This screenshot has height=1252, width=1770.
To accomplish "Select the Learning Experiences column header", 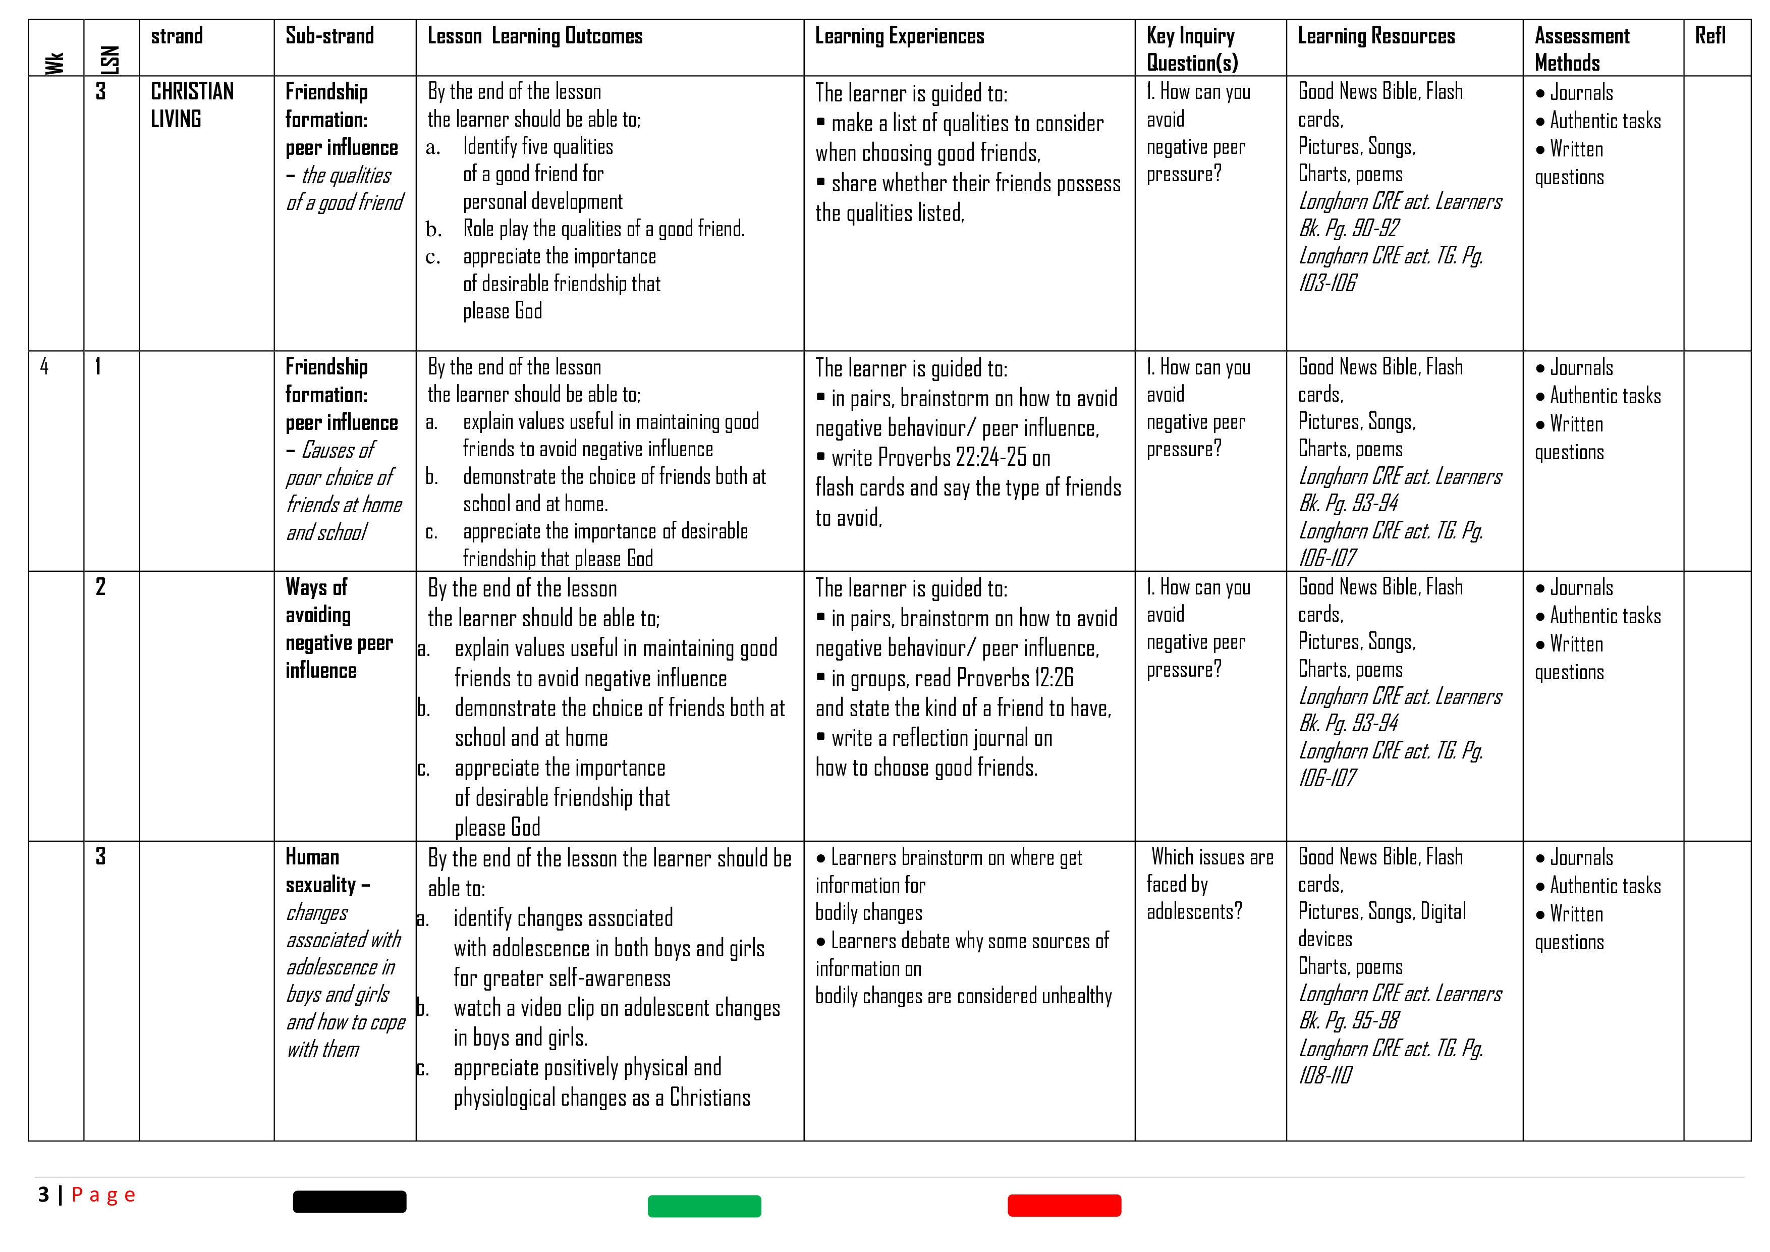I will point(899,36).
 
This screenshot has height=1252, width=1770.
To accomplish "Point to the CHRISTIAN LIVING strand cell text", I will point(192,105).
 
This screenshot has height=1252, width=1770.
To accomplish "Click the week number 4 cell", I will point(45,366).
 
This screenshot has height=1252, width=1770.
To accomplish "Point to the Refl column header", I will point(1710,36).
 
